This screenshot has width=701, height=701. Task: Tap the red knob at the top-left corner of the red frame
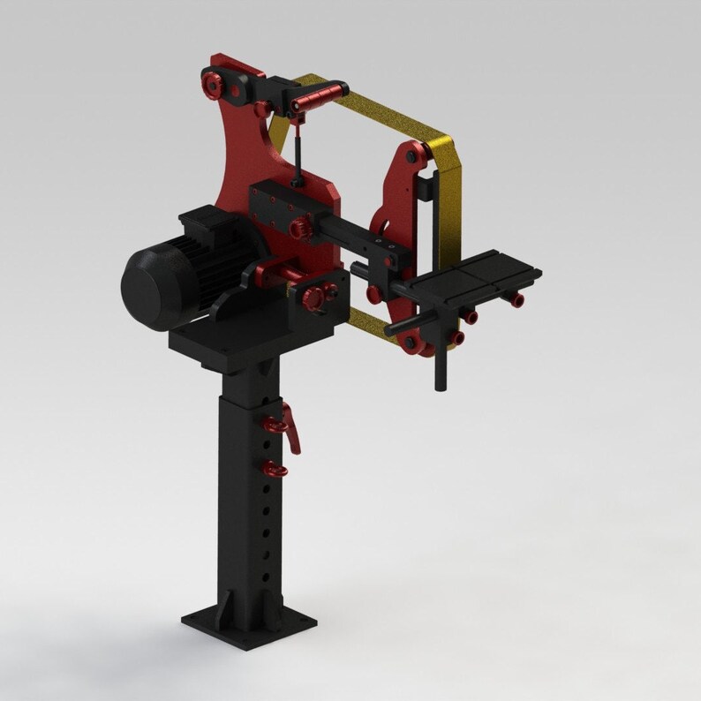(x=213, y=84)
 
